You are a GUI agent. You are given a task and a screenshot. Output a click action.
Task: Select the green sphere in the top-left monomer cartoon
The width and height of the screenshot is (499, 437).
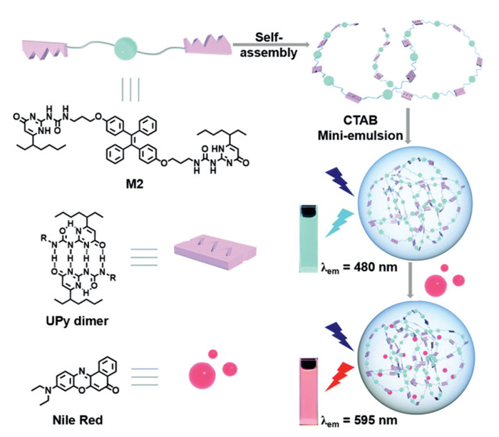126,49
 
